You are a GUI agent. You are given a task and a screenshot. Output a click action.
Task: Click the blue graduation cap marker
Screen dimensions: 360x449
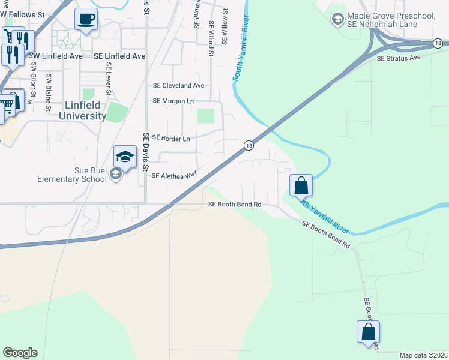coord(125,158)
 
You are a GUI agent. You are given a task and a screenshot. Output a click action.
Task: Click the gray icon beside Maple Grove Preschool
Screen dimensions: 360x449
coord(337,20)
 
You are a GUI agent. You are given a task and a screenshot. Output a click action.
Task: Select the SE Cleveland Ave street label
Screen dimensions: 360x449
coord(178,86)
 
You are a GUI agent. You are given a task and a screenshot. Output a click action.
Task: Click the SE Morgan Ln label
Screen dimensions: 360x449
coord(173,101)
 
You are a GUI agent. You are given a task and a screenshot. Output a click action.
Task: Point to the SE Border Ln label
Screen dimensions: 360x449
coord(171,138)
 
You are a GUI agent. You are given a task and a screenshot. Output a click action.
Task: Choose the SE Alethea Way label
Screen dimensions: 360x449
coord(174,176)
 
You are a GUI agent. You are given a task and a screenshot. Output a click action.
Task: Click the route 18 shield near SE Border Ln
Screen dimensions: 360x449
coord(248,146)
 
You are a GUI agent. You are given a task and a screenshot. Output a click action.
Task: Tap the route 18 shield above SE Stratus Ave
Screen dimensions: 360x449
coord(438,43)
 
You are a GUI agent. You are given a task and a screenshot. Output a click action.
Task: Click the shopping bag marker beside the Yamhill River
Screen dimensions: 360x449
coord(301,185)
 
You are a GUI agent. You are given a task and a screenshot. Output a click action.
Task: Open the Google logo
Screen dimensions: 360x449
coord(20,353)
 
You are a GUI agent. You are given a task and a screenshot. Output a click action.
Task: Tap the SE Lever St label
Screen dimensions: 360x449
coord(109,79)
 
